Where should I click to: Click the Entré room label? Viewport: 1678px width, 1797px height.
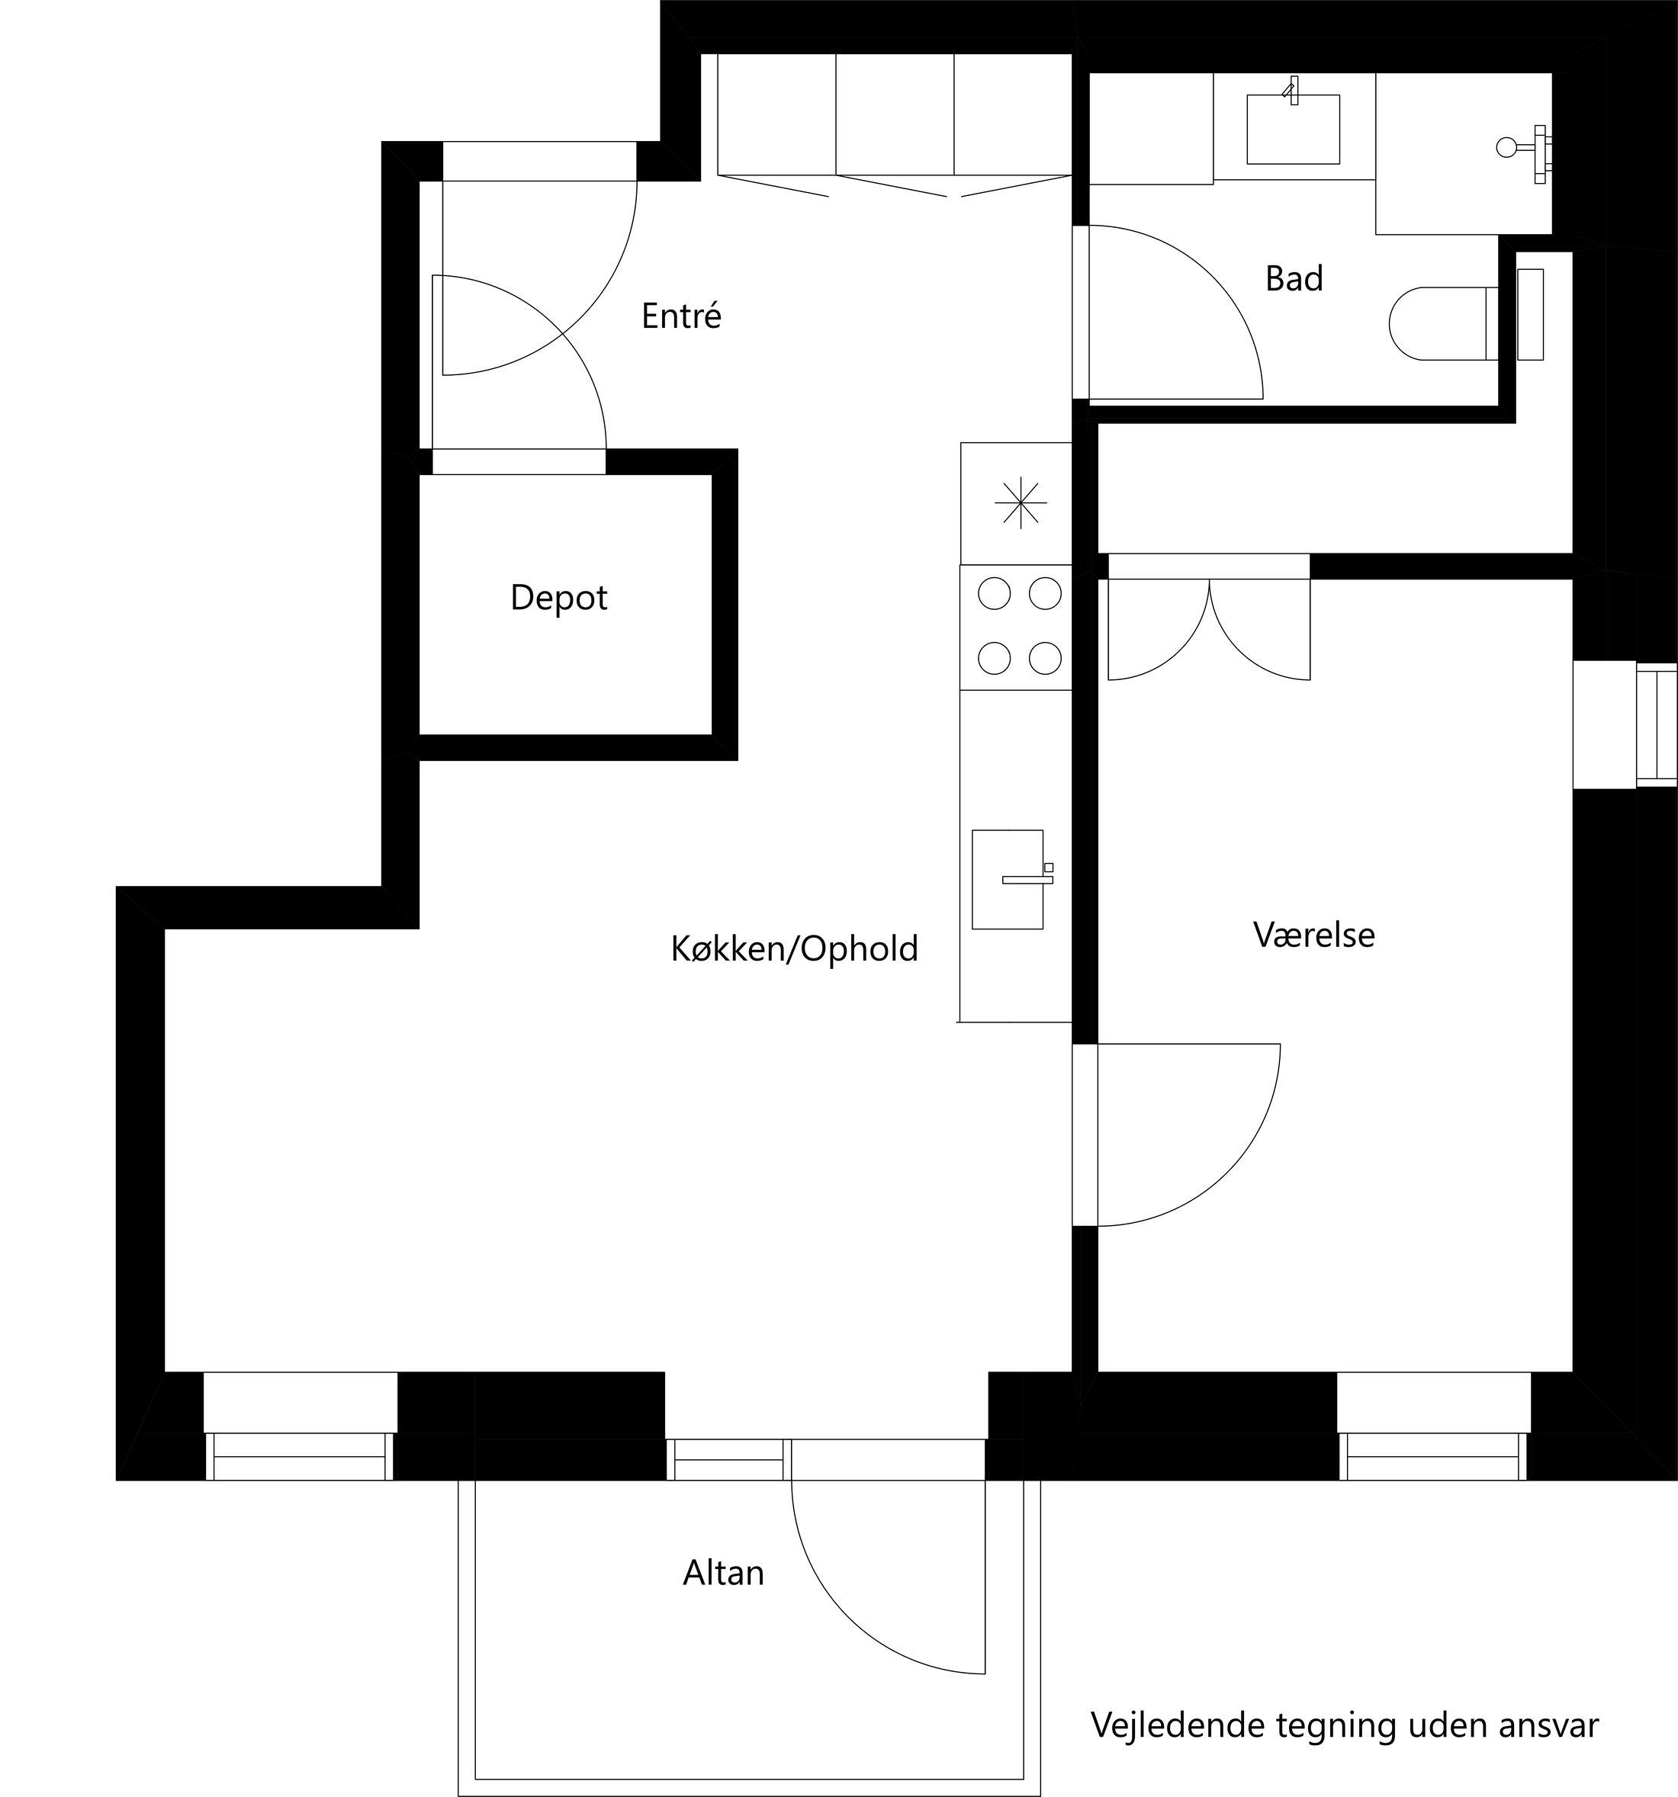[x=681, y=316]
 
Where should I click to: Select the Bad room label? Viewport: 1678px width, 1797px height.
[x=1293, y=278]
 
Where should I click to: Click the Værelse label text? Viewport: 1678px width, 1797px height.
[x=1313, y=935]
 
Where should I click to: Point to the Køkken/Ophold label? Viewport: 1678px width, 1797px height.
[x=794, y=949]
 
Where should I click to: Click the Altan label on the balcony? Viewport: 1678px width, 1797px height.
[x=722, y=1574]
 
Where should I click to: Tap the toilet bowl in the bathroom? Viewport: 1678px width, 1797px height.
[x=1438, y=323]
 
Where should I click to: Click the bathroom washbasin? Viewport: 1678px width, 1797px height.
[x=1293, y=130]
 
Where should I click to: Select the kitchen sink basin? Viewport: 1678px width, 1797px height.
[x=1006, y=878]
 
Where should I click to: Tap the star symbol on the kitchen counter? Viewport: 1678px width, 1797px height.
[x=1020, y=502]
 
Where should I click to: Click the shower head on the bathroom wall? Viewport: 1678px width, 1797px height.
[x=1507, y=147]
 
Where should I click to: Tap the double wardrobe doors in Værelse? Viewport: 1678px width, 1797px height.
[x=1209, y=633]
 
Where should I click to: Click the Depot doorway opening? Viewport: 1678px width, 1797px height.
[x=518, y=461]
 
